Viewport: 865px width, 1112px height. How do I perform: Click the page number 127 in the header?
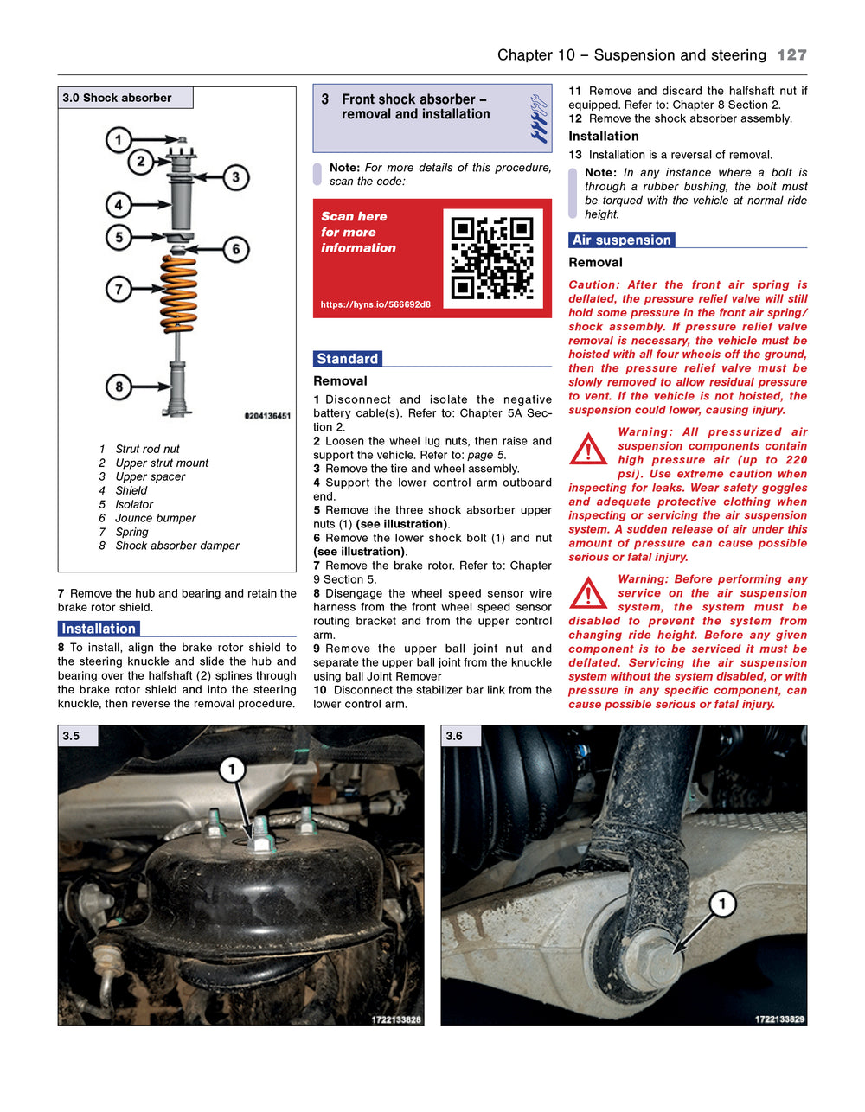tap(791, 55)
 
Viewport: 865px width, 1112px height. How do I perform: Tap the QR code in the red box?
tap(492, 258)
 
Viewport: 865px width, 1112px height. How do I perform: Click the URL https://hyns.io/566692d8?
tap(375, 304)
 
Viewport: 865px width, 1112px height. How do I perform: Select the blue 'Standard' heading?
tap(347, 359)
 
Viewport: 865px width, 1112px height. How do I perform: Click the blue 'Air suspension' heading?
tap(621, 240)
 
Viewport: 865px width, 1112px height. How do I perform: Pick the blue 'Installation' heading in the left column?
tap(99, 629)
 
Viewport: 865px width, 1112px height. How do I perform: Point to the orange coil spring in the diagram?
tap(179, 294)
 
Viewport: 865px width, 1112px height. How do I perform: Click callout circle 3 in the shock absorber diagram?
tap(235, 178)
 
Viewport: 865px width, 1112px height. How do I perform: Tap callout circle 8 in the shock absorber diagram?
tap(119, 387)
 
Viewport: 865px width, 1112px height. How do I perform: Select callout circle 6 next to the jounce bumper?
tap(235, 250)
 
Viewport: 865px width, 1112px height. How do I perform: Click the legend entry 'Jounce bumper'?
tap(156, 518)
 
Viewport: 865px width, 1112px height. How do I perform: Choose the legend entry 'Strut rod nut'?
tap(147, 449)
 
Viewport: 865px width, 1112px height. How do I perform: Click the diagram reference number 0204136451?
tap(267, 416)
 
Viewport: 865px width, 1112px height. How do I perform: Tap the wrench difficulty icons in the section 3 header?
tap(539, 118)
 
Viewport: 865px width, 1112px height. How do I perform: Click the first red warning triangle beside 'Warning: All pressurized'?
tap(588, 449)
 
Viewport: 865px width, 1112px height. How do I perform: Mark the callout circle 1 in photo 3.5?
tap(232, 769)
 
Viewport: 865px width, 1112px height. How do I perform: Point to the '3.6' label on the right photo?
tap(454, 736)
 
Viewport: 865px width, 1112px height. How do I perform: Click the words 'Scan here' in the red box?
tap(354, 216)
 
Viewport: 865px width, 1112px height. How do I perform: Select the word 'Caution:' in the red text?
tap(593, 284)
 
